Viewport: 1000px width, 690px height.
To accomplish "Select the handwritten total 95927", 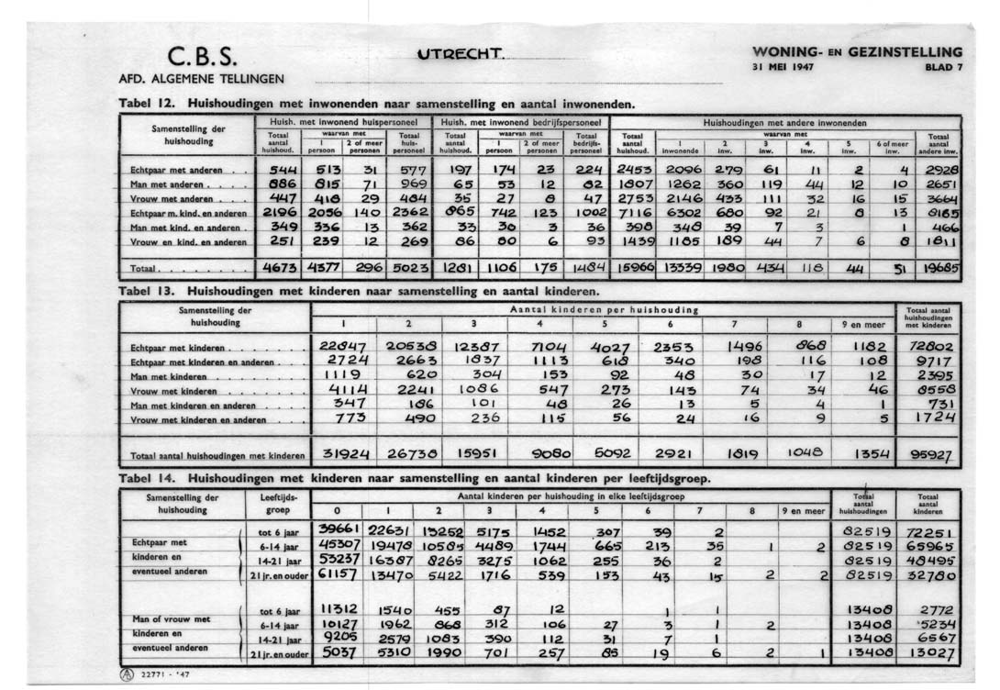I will point(931,455).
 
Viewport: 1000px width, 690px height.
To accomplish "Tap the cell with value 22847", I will point(343,346).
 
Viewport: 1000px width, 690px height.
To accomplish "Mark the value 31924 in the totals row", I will point(342,452).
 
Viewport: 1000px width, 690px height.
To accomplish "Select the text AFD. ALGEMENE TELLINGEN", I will point(202,78).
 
